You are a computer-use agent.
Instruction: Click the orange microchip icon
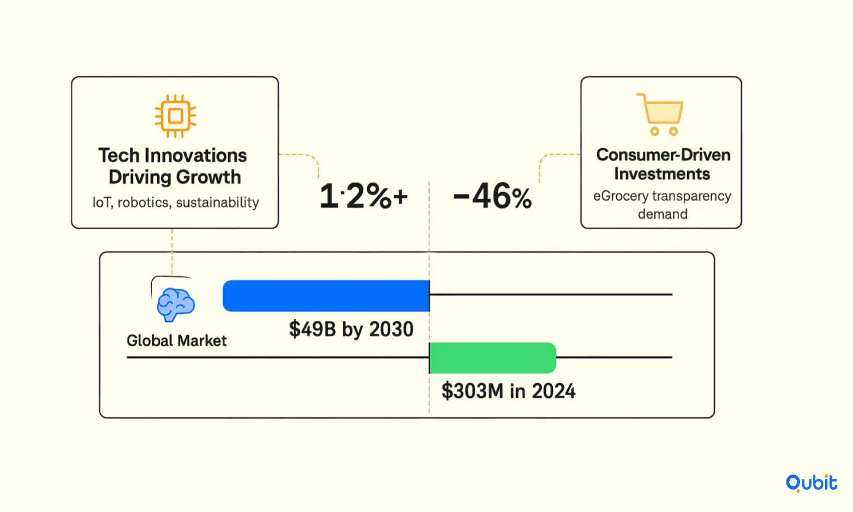point(175,116)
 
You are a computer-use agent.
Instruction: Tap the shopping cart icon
point(660,114)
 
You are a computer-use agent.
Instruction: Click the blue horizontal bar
point(326,296)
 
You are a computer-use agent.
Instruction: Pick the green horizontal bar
point(493,358)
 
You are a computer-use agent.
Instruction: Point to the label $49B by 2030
point(351,329)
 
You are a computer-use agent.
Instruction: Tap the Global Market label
point(176,341)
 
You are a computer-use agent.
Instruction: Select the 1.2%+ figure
point(363,196)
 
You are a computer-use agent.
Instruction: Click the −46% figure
point(492,196)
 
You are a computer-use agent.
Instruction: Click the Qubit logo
point(812,483)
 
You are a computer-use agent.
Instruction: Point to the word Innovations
point(196,156)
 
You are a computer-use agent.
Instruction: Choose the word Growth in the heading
point(208,177)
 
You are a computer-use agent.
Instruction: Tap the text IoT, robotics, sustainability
point(176,203)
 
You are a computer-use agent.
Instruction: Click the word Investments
point(662,174)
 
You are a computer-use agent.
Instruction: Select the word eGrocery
point(621,197)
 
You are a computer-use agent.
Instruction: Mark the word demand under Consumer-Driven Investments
point(663,214)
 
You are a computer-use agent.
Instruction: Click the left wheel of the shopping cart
point(654,132)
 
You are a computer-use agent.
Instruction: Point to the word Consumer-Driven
point(664,155)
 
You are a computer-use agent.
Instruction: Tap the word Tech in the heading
point(119,156)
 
